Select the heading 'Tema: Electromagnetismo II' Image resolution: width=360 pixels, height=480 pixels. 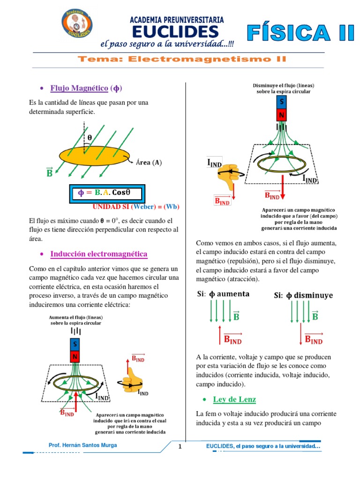(181, 59)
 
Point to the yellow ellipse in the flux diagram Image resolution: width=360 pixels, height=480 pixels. (96, 157)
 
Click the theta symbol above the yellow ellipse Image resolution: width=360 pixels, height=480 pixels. (90, 138)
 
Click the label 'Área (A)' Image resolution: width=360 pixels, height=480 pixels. (149, 163)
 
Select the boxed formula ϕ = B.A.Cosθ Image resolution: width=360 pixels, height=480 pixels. (107, 193)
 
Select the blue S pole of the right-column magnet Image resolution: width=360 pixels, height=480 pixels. (281, 102)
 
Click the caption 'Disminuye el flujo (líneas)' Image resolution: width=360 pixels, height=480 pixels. (283, 86)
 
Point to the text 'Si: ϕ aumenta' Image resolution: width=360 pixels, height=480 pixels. (223, 294)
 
